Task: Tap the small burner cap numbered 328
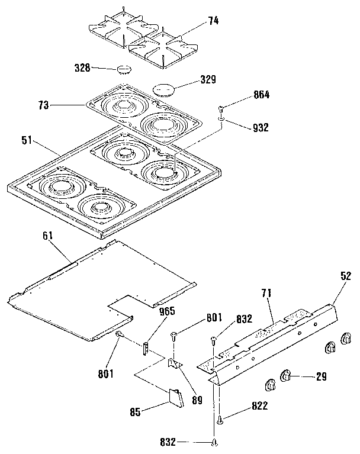[124, 69]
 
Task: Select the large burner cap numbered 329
[164, 89]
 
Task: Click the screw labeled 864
[221, 108]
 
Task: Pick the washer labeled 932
[221, 120]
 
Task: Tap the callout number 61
[48, 236]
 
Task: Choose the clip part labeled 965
[145, 347]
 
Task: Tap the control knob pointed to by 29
[285, 374]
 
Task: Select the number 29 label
[320, 375]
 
